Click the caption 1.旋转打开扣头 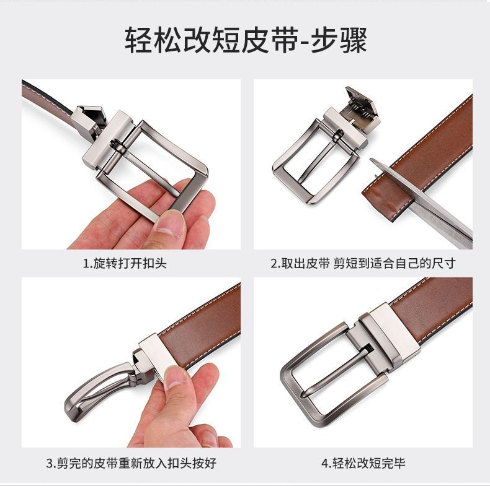(x=125, y=264)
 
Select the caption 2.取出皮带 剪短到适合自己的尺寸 (x=363, y=264)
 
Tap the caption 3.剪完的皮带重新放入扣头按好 (x=131, y=462)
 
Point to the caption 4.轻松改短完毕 (x=363, y=462)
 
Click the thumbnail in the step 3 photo (x=176, y=378)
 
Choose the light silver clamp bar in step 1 (x=108, y=141)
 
